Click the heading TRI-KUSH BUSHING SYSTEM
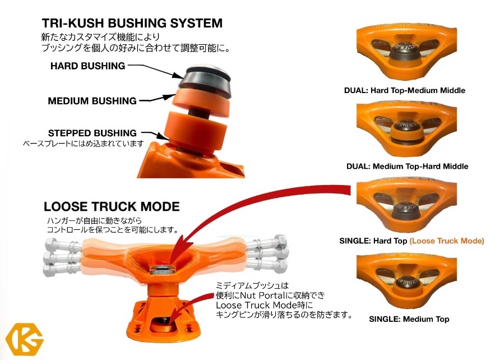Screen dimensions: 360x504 [132, 24]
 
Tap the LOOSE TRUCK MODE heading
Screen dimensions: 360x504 [112, 206]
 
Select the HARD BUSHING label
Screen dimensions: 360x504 [87, 66]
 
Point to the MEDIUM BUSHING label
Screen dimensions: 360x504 [92, 101]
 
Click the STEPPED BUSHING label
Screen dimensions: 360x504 [93, 133]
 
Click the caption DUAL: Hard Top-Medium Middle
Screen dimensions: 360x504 [404, 90]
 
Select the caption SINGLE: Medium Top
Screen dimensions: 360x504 [409, 319]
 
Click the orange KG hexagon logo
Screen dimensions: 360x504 [20, 339]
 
